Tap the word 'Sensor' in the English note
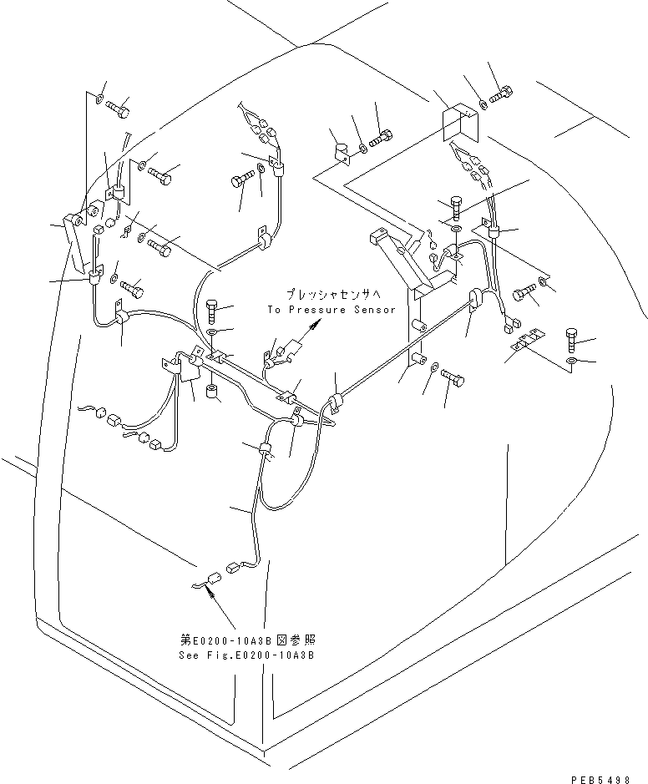[x=373, y=310]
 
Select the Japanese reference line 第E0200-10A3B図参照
[x=247, y=640]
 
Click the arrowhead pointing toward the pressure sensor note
[x=311, y=331]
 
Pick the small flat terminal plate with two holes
[x=525, y=338]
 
